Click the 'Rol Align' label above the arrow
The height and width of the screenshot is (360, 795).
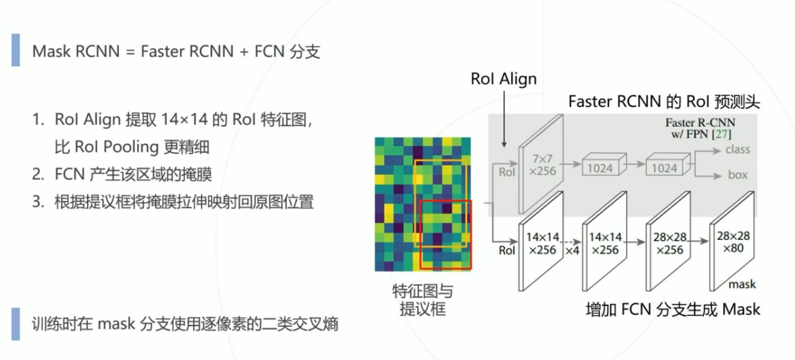503,79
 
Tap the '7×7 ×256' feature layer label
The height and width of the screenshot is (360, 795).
542,165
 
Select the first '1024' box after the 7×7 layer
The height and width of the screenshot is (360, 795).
600,168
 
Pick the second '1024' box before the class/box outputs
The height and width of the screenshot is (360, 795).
664,168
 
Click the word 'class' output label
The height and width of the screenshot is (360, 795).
737,150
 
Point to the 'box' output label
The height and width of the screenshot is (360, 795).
737,175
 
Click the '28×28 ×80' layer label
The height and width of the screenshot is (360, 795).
733,242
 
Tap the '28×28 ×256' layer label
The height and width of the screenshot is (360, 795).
670,244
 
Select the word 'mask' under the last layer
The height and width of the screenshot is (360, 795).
742,284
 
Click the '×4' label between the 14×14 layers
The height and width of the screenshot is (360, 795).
572,251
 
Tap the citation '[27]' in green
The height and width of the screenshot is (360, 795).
722,134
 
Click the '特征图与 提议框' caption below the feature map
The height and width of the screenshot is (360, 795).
423,300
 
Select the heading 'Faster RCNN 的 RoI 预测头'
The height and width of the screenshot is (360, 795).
664,102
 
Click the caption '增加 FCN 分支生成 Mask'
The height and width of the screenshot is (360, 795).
673,310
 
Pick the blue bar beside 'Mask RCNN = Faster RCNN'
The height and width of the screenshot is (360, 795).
16,50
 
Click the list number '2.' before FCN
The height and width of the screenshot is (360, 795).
38,174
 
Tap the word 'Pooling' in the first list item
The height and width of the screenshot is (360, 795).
131,147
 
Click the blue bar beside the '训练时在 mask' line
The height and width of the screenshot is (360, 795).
16,324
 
